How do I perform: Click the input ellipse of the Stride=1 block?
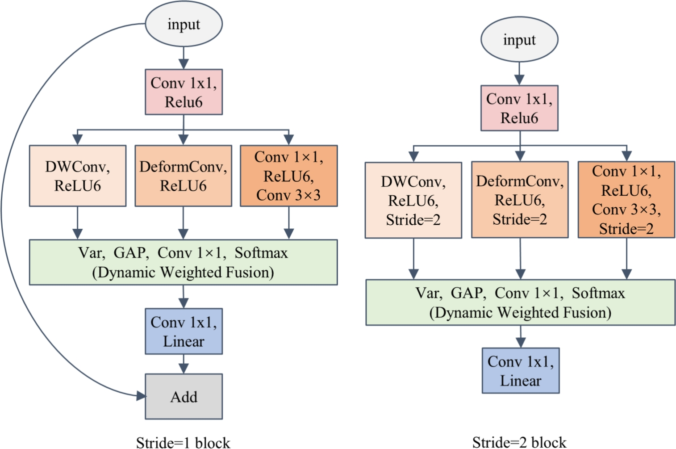coord(184,25)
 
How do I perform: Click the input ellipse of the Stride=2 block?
coord(519,40)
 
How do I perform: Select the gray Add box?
coord(184,396)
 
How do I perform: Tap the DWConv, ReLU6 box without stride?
coord(78,176)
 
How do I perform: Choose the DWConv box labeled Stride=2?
coord(413,200)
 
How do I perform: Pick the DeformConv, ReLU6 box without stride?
coord(183,176)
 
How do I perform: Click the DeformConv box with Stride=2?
coord(520,200)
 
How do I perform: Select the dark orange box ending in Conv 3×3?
coord(288,176)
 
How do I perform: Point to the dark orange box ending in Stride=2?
coord(626,200)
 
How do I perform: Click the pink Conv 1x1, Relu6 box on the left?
coord(184,92)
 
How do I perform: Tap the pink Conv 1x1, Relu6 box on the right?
coord(519,108)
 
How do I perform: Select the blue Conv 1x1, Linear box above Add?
coord(184,332)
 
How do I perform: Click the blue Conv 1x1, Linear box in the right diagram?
coord(520,371)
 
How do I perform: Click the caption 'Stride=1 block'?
coord(183,442)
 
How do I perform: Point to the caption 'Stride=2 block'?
coord(519,442)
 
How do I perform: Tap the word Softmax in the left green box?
coord(261,253)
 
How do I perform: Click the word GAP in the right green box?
coord(467,293)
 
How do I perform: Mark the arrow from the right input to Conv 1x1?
coord(519,74)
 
